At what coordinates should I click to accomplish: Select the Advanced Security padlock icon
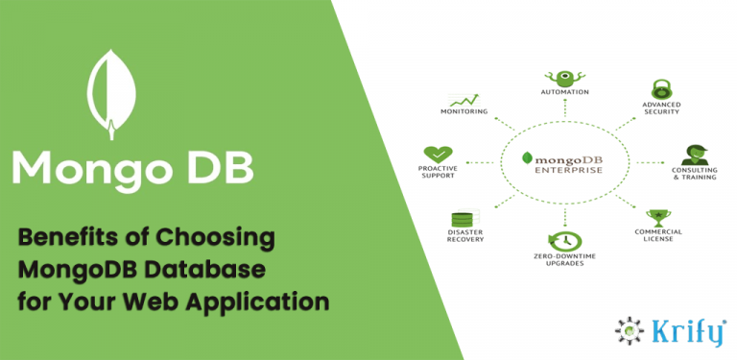[x=661, y=89]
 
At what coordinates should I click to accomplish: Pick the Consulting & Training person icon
[x=694, y=154]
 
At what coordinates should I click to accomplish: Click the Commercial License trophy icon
[x=658, y=217]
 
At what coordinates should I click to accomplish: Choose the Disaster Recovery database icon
[x=464, y=219]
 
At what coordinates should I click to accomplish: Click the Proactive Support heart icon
[x=438, y=154]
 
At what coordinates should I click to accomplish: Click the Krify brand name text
[x=684, y=328]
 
